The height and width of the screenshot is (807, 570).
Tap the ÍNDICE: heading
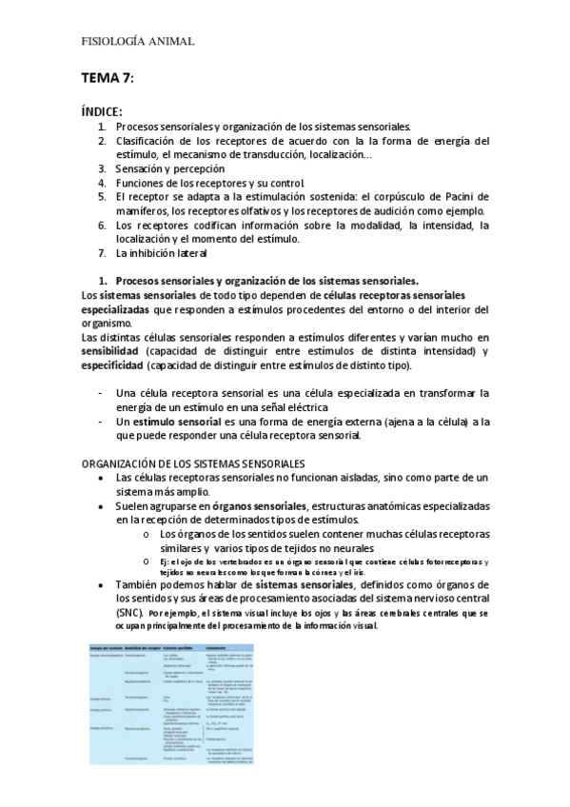click(x=102, y=111)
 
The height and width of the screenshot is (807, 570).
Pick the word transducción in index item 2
click(x=280, y=154)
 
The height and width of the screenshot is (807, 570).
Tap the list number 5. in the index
click(x=103, y=196)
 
